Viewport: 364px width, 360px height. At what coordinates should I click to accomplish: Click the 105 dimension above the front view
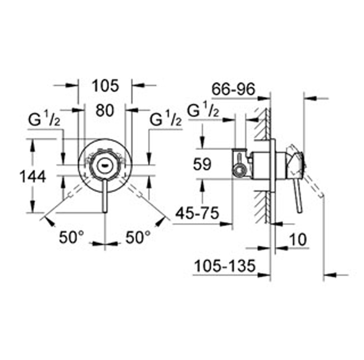point(106,85)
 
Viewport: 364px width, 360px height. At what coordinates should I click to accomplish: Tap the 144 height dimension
point(33,177)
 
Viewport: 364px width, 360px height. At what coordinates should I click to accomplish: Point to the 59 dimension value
point(202,164)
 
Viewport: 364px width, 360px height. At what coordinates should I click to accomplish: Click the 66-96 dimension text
point(233,89)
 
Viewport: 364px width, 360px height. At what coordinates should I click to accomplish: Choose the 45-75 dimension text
point(197,213)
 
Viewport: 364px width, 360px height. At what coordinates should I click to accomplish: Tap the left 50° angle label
point(71,237)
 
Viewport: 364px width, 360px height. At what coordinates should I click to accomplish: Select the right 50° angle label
point(138,237)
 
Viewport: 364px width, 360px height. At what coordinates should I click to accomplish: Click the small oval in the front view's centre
point(105,166)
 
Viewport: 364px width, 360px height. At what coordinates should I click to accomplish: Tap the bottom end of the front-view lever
point(105,212)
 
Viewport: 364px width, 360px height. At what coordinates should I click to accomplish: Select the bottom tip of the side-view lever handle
point(300,212)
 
